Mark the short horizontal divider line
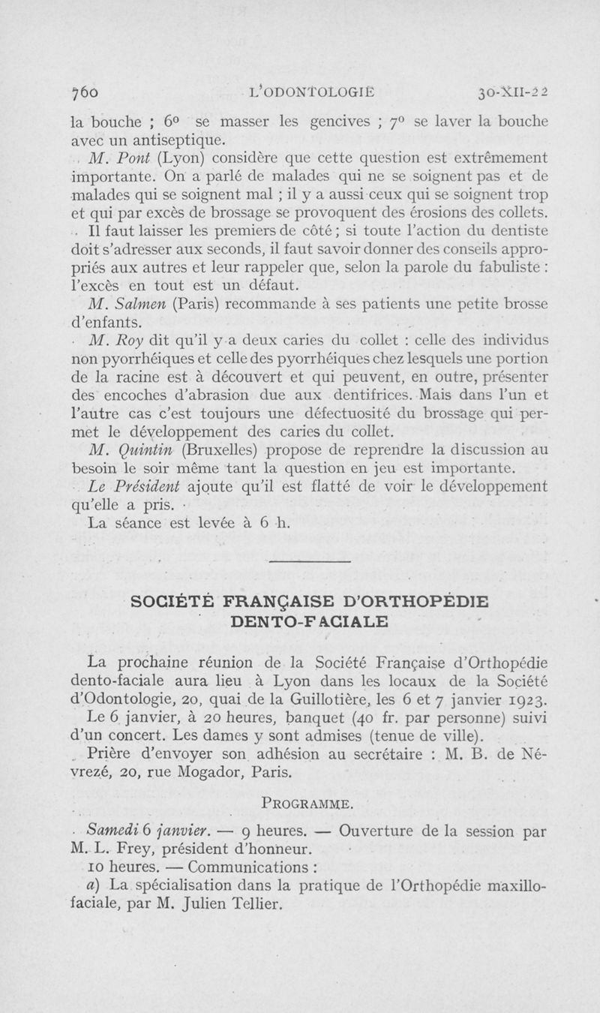point(308,562)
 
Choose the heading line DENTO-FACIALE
point(308,621)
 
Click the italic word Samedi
point(109,832)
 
